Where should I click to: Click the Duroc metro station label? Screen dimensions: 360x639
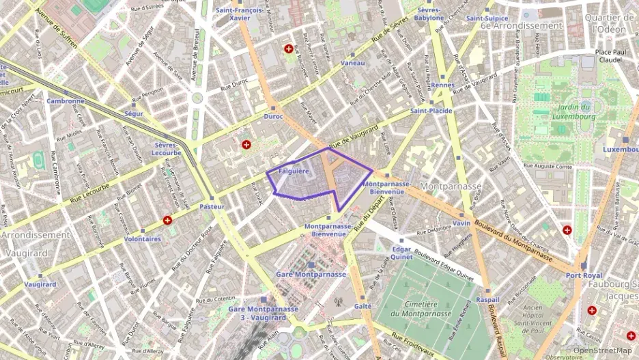[x=273, y=116]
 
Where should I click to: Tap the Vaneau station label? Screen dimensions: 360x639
[x=352, y=63]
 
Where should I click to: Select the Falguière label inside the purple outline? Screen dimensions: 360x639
[x=294, y=171]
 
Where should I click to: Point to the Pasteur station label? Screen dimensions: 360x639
[x=212, y=206]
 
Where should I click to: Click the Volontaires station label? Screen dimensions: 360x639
[x=143, y=239]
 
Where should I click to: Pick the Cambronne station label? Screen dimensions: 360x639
[x=66, y=100]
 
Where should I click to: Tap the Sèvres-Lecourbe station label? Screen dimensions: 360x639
[x=167, y=149]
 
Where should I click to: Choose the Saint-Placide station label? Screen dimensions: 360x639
[x=431, y=111]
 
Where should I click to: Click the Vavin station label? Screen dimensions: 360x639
[x=461, y=223]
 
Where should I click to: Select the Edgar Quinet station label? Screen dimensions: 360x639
[x=401, y=253]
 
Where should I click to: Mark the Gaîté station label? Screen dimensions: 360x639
[x=363, y=307]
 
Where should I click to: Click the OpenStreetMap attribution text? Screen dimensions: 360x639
[x=603, y=350]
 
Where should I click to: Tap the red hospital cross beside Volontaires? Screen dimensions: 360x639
[x=167, y=220]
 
